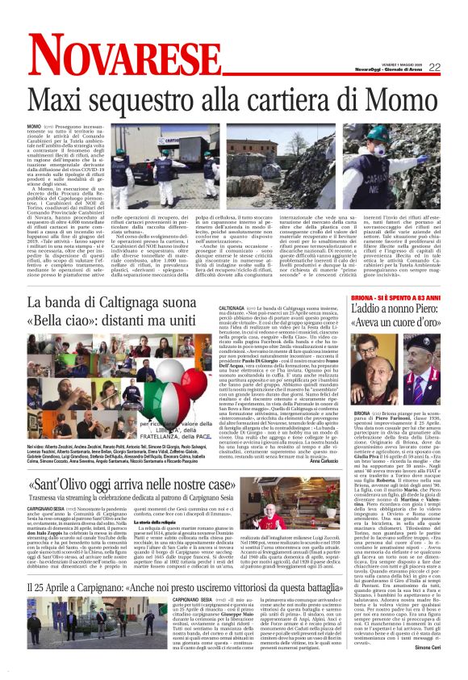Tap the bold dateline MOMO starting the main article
point(34,128)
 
